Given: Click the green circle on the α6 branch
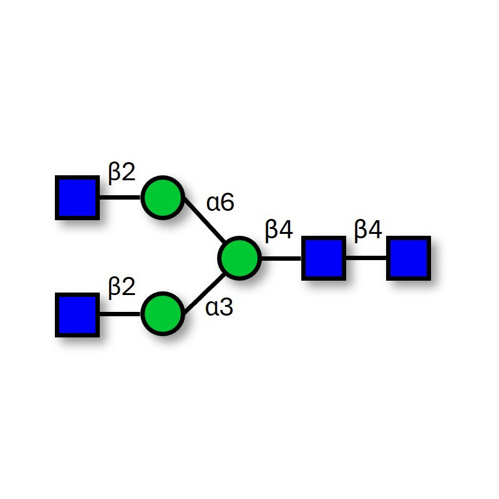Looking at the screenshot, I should (163, 198).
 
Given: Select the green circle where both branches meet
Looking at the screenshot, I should (240, 257).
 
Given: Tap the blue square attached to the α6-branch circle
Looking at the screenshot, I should (77, 198).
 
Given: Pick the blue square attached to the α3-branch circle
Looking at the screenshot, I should (77, 314).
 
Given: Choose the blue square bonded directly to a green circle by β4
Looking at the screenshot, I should (323, 257).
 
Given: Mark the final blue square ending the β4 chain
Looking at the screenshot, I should (409, 257).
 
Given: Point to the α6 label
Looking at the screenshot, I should (220, 203).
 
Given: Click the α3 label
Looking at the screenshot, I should (220, 308).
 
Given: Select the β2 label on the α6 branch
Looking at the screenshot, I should (122, 173).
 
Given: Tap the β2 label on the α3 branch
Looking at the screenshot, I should (122, 288).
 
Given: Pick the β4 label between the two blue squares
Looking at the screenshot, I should (368, 231).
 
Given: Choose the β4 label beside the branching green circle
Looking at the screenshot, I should (279, 231).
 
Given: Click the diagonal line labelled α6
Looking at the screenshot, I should (203, 228).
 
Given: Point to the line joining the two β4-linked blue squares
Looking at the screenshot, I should (366, 257).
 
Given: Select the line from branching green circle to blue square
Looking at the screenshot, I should (281, 257).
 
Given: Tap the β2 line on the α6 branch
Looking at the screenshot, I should (120, 198).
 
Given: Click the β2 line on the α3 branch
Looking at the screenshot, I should (120, 314).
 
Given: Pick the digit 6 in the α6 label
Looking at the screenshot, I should (227, 203).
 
